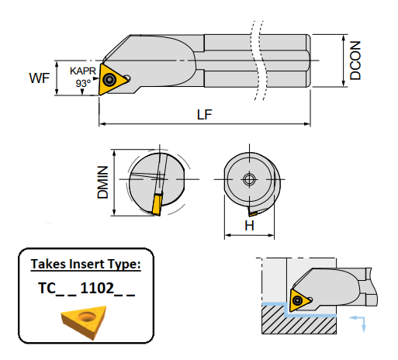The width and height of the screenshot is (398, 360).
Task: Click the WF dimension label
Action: tap(40, 78)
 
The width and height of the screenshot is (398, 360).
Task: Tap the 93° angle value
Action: tap(82, 82)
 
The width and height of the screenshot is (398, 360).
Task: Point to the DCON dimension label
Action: tap(355, 61)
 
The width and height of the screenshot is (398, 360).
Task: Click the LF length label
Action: tap(204, 115)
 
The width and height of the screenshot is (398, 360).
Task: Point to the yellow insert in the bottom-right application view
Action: tap(299, 302)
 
